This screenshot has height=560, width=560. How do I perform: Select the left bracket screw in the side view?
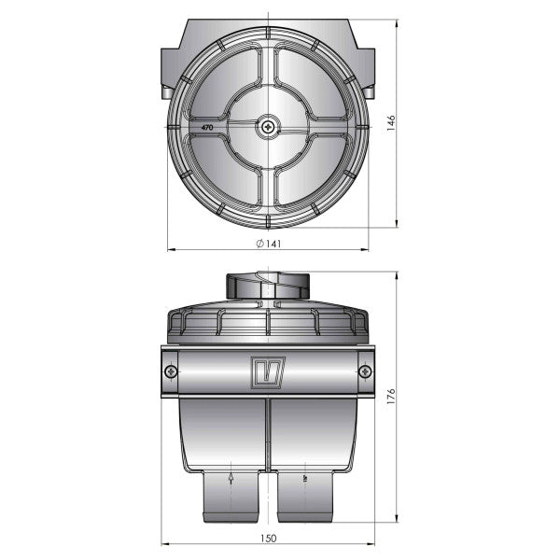170,371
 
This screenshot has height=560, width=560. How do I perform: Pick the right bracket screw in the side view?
365,371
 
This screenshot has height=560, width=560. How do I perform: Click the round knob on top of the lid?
268,284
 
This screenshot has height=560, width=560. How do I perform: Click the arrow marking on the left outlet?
230,481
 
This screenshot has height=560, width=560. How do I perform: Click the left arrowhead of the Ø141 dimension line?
170,250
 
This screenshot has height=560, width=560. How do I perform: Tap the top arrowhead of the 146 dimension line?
399,22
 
